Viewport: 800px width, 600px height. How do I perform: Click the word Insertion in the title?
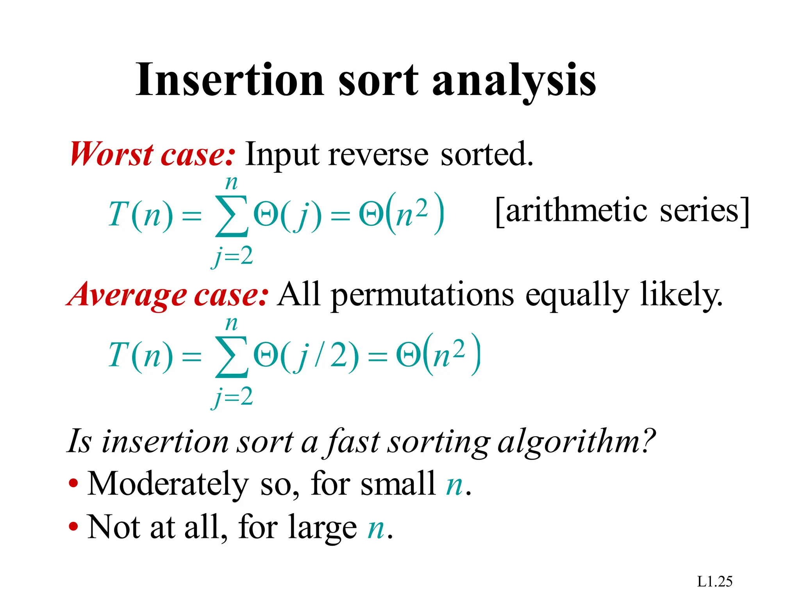(230, 80)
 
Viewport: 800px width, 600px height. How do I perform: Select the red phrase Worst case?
(153, 154)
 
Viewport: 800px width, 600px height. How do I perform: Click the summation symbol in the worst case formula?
(231, 216)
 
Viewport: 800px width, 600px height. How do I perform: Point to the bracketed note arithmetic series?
(622, 211)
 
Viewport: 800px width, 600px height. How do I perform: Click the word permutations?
(422, 296)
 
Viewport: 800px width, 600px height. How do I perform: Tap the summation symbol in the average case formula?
(231, 357)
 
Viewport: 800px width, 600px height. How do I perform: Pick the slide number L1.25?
(714, 582)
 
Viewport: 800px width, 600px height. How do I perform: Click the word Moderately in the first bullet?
(168, 484)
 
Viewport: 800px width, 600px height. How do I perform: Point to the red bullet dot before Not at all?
(73, 527)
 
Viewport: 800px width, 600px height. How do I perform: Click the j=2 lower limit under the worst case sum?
(232, 257)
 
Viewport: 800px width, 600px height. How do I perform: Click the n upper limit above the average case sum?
(231, 324)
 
